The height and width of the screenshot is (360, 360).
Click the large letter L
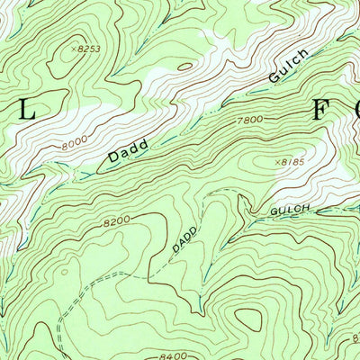coord(27,111)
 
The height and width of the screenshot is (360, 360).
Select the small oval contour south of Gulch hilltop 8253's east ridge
coord(184,65)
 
